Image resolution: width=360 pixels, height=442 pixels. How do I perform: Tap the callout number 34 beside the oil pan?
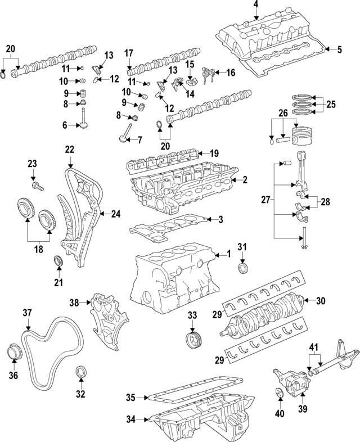click(x=131, y=418)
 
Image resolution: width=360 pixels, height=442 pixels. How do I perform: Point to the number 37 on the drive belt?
click(x=27, y=312)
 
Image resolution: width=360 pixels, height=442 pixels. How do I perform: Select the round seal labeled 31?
click(x=243, y=268)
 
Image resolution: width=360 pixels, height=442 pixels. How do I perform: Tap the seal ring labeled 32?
click(x=81, y=373)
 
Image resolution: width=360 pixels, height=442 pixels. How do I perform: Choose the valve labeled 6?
click(x=83, y=119)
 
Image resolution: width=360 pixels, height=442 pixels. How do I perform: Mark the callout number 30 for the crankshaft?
click(x=321, y=301)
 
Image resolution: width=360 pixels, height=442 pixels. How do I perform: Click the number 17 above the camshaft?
click(x=128, y=54)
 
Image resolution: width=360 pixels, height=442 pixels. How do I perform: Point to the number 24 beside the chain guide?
click(x=115, y=214)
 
